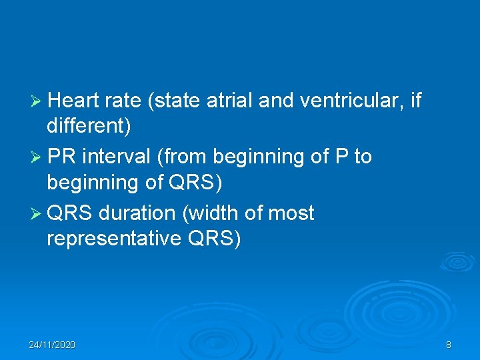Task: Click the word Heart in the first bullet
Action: pos(73,101)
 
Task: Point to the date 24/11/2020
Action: pos(52,345)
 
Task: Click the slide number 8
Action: pos(448,345)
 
